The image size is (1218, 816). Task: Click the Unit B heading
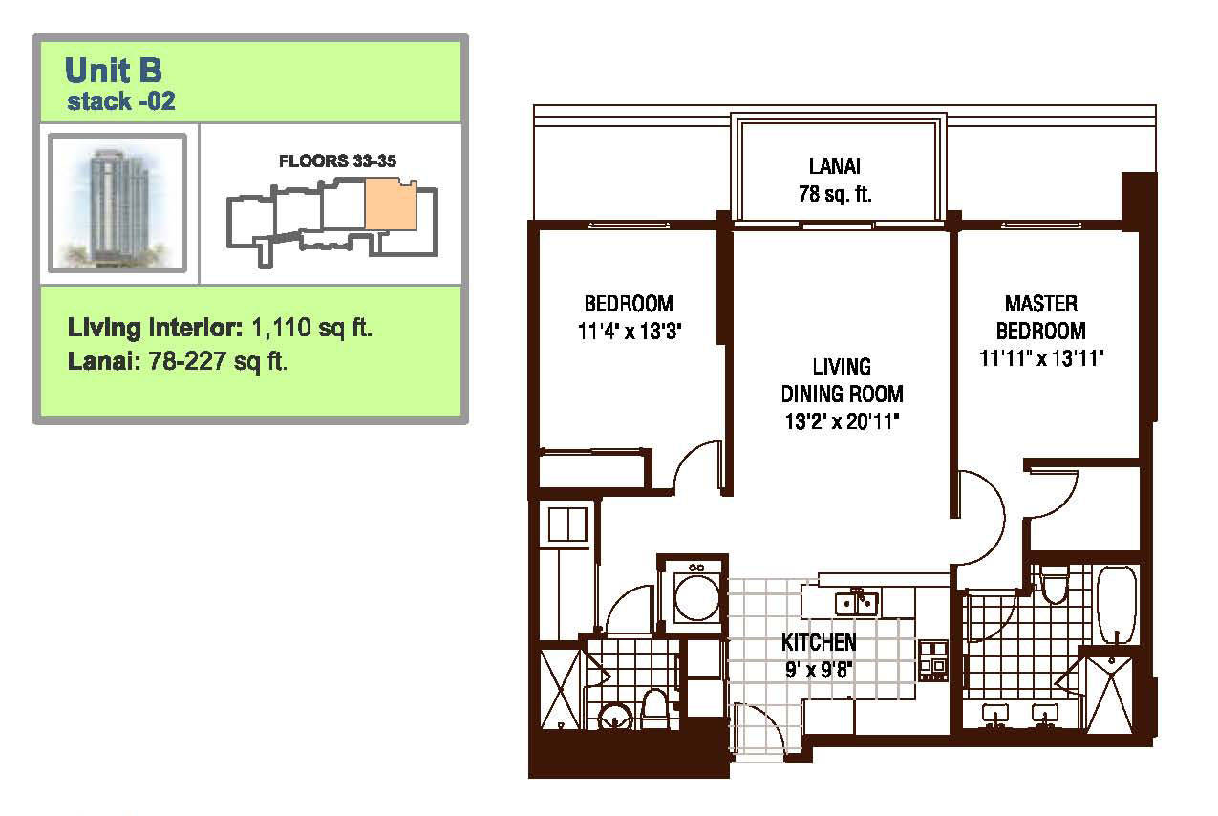click(113, 71)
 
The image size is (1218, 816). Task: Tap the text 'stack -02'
click(120, 101)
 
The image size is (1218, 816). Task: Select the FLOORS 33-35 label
click(337, 161)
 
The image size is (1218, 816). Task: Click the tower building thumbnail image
click(118, 203)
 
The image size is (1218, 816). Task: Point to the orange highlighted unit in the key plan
click(390, 204)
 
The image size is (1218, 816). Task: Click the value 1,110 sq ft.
click(312, 328)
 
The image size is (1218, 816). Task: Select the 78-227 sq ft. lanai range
click(218, 361)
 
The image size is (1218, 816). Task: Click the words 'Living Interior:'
click(156, 328)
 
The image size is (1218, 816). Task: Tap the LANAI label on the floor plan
click(835, 166)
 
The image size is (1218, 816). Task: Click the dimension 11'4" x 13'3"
click(630, 331)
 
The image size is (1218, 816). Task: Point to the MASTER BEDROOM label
click(1040, 317)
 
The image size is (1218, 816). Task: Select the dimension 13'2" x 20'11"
click(842, 421)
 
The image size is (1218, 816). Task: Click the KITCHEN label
click(819, 642)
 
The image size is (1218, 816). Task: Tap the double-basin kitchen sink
click(856, 602)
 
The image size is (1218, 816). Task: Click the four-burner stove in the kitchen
click(933, 660)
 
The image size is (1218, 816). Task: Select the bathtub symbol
click(1117, 605)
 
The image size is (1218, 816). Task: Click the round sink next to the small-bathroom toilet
click(615, 717)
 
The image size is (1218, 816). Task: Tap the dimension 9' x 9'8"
click(818, 670)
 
